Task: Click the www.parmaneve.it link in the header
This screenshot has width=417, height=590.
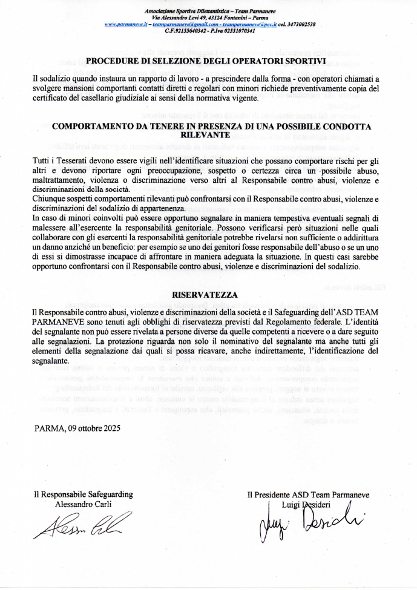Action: click(126, 24)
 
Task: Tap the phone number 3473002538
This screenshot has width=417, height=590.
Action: click(300, 24)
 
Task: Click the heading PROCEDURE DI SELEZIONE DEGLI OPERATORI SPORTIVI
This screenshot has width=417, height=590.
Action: click(206, 61)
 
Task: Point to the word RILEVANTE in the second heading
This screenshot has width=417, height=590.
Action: click(206, 137)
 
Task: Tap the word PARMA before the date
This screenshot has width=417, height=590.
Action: click(48, 427)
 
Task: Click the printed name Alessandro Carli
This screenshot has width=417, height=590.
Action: click(83, 503)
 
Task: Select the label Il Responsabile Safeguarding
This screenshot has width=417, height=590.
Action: click(83, 494)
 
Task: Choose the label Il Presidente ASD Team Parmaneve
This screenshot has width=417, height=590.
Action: click(308, 495)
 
